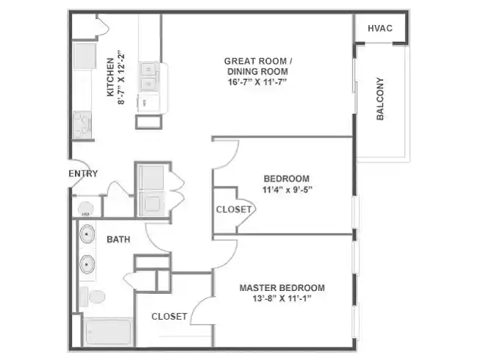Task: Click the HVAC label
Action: click(379, 29)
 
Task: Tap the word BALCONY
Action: click(381, 99)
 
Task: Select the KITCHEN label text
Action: click(111, 77)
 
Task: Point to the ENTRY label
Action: click(83, 174)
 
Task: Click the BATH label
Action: click(119, 240)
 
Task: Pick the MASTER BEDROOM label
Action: click(282, 288)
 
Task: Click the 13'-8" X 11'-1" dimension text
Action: click(282, 299)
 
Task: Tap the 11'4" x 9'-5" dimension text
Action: click(286, 190)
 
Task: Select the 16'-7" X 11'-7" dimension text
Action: click(256, 82)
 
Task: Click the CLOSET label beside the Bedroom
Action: click(234, 209)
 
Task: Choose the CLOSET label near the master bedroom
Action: click(169, 317)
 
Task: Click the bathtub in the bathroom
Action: click(107, 332)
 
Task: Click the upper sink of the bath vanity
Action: click(88, 235)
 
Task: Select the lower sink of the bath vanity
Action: click(88, 263)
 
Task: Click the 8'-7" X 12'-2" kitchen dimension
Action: click(122, 77)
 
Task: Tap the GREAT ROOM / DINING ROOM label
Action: click(256, 66)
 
